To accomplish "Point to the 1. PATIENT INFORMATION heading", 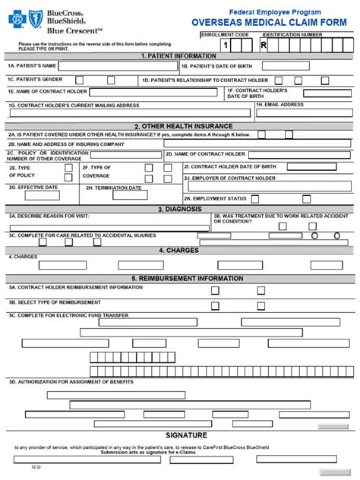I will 179,55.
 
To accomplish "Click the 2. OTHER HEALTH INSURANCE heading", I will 179,126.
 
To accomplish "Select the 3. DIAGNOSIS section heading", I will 179,208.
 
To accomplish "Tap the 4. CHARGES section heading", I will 179,249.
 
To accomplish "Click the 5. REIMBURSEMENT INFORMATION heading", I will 179,278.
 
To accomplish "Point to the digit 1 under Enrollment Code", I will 226,46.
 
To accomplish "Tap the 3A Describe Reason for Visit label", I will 45,216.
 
